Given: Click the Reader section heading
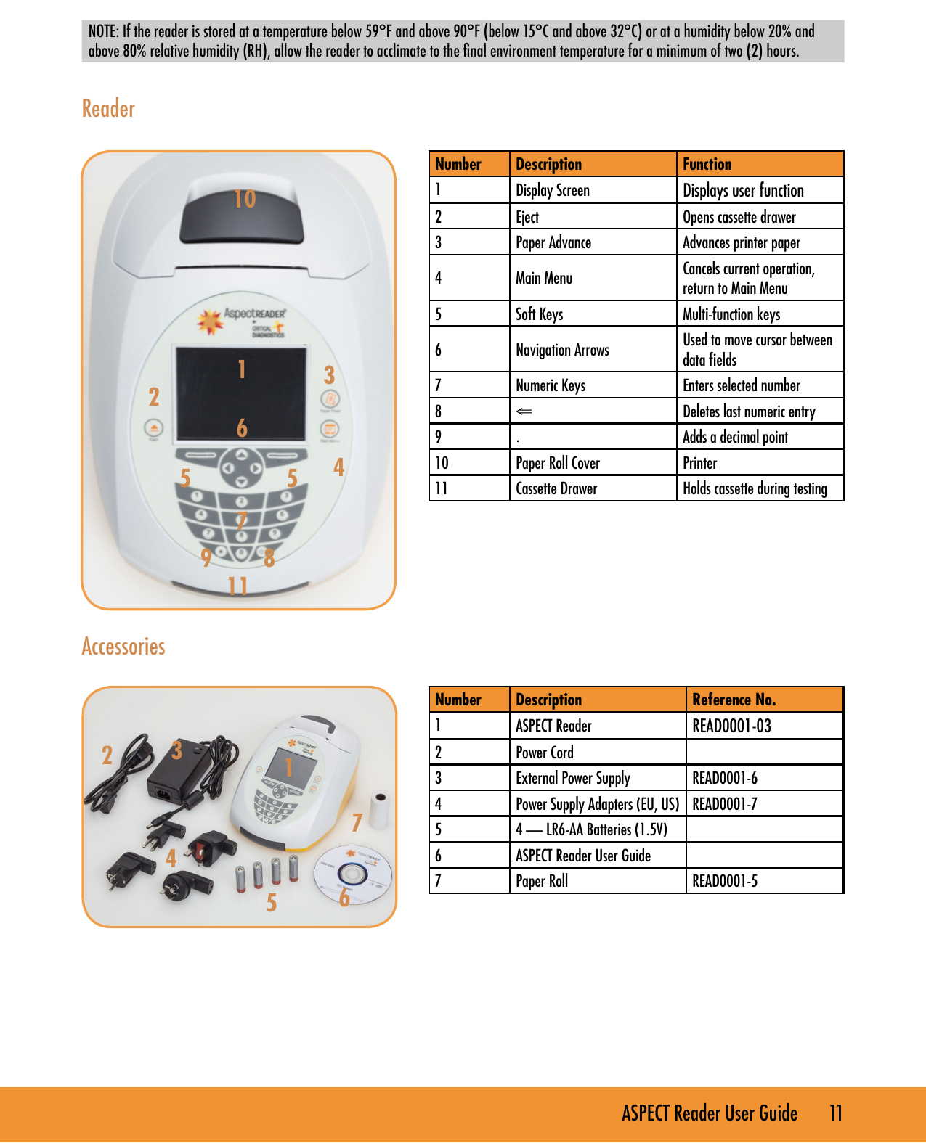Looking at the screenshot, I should coord(108,109).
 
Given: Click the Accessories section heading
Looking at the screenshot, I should coord(123,647).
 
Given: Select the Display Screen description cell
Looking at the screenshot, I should coord(553,191).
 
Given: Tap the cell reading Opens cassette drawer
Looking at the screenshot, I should coord(739,217).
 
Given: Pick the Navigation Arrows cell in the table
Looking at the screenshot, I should coord(562,350).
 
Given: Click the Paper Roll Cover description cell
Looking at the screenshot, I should coord(558,463).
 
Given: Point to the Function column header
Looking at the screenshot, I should coord(707,164).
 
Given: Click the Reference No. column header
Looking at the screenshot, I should coord(734,700).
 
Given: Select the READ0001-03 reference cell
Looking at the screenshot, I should coord(731,726).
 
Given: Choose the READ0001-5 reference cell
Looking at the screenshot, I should coord(725,881).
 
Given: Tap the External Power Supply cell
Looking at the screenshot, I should coord(573,778).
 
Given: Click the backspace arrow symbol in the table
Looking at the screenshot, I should coord(524,411).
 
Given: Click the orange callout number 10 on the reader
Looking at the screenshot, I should coord(245,199).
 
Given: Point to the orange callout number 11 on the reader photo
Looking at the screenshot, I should coord(237,586).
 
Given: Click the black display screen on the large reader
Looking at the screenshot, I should coord(240,393).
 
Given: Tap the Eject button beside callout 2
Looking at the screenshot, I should coord(153,427).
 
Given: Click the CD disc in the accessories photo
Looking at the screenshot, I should coord(352,876).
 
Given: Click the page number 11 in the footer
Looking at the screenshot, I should coord(836,1113).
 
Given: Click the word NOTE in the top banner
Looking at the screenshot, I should coord(102,31).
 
